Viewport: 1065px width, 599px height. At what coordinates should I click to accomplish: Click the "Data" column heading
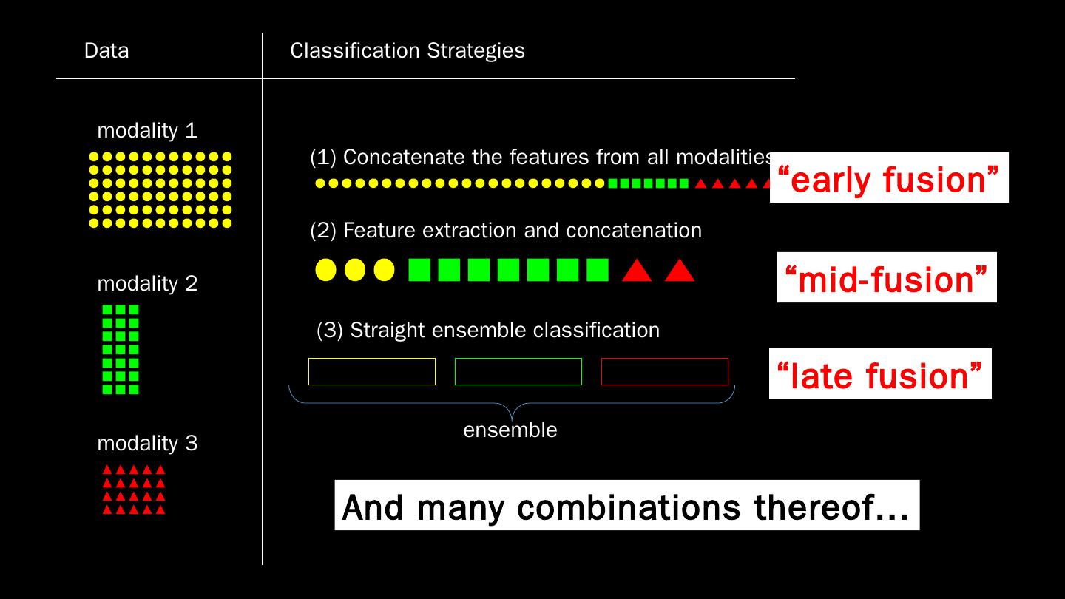pos(106,50)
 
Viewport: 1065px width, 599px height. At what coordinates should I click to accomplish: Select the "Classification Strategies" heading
pos(407,50)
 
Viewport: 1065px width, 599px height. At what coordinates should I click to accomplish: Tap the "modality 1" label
pos(147,131)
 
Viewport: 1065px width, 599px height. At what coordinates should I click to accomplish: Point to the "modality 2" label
pos(147,284)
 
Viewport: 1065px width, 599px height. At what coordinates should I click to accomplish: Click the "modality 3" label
pos(147,444)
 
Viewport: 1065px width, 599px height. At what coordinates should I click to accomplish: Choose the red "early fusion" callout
pos(889,178)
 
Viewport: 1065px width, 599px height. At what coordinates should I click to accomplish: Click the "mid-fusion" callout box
pos(886,278)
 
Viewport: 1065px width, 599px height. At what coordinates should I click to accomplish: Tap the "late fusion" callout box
pos(880,374)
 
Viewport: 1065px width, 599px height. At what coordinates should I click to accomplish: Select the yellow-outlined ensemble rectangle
pos(371,371)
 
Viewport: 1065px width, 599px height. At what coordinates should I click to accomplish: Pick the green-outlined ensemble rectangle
pos(518,371)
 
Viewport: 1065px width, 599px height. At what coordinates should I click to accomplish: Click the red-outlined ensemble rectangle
pos(664,371)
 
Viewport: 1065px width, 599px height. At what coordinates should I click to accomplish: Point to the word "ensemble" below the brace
pos(510,430)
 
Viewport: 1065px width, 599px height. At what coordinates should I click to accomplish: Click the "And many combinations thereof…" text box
pos(626,506)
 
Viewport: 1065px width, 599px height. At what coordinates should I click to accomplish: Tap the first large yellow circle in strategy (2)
pos(325,270)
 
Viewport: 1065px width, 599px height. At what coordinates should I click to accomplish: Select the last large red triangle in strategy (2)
pos(679,271)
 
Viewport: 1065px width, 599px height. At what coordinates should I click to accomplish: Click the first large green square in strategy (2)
pos(419,270)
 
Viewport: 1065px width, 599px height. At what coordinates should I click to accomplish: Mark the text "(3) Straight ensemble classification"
pos(487,330)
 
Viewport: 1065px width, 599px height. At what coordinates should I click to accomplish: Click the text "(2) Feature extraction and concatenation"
pos(505,231)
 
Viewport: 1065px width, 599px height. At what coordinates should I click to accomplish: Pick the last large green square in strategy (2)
pos(597,270)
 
